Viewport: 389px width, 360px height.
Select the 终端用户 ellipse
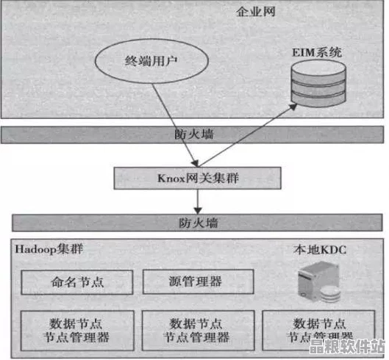pos(150,62)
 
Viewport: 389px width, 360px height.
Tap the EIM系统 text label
pos(316,53)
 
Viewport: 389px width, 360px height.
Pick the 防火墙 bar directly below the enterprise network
pos(195,134)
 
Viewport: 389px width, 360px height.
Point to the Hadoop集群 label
pos(49,249)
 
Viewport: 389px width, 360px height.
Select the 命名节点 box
pos(77,281)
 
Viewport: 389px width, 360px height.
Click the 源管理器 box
pos(198,281)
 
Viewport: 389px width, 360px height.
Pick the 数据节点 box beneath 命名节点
pos(77,330)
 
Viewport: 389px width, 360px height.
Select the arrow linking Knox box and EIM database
pos(243,136)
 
